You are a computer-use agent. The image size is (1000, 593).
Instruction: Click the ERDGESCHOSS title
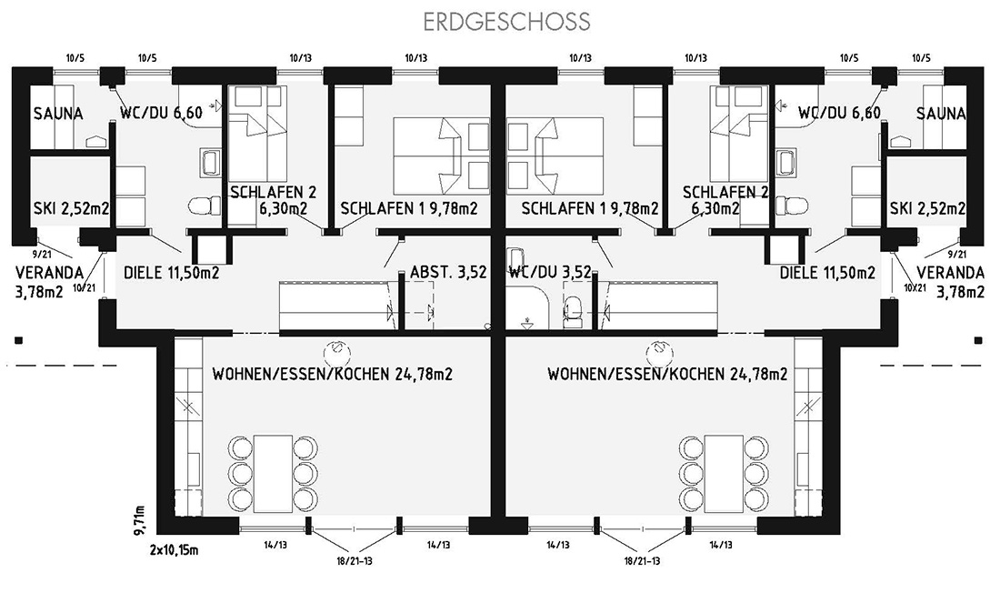point(507,22)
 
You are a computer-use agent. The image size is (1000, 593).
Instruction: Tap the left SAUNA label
point(58,114)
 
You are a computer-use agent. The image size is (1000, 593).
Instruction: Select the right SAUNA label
point(941,114)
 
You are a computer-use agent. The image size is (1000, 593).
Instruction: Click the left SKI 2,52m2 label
point(71,208)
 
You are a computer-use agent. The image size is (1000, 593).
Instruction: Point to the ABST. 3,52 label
point(448,273)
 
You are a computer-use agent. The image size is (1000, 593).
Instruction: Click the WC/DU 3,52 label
point(550,273)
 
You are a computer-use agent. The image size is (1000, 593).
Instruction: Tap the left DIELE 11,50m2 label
point(172,273)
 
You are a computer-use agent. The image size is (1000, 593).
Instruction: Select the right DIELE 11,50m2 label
point(828,273)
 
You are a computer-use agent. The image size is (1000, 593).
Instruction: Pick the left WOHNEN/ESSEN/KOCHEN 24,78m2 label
point(332,374)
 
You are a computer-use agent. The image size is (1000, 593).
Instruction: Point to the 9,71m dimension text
point(141,521)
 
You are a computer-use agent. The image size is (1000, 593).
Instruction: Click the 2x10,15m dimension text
point(175,549)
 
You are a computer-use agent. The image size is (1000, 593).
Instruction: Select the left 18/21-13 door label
point(355,561)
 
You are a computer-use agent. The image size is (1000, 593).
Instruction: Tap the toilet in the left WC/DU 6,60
point(205,206)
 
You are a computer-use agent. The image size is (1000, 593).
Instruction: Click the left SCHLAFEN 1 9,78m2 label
point(409,208)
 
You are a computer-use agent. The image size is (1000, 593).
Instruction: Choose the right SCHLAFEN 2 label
point(725,192)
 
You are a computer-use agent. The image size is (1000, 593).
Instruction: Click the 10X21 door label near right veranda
point(915,288)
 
